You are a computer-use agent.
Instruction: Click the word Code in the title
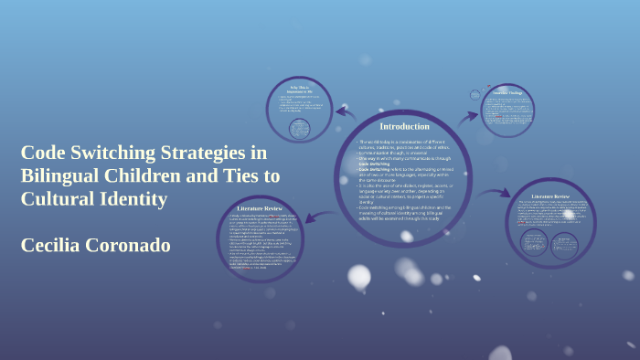pos(43,153)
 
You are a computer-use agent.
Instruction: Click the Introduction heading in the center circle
pos(403,126)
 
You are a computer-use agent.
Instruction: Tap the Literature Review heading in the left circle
pos(260,209)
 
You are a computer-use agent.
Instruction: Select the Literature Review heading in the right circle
pos(551,196)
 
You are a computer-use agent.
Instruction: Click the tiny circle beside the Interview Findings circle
pos(475,93)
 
